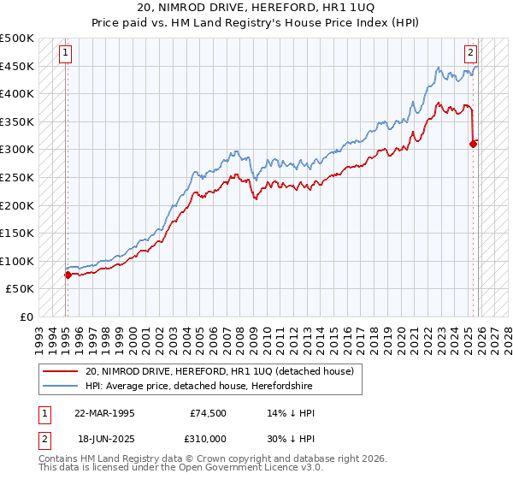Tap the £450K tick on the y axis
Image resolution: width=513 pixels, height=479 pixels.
pyautogui.click(x=17, y=66)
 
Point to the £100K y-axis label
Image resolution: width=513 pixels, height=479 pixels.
pyautogui.click(x=17, y=261)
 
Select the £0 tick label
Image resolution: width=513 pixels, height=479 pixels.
pyautogui.click(x=26, y=316)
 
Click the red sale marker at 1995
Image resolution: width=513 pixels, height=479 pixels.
pyautogui.click(x=68, y=275)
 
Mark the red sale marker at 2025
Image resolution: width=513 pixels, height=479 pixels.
pyautogui.click(x=473, y=144)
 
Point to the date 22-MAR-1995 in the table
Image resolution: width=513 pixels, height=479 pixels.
pyautogui.click(x=104, y=412)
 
